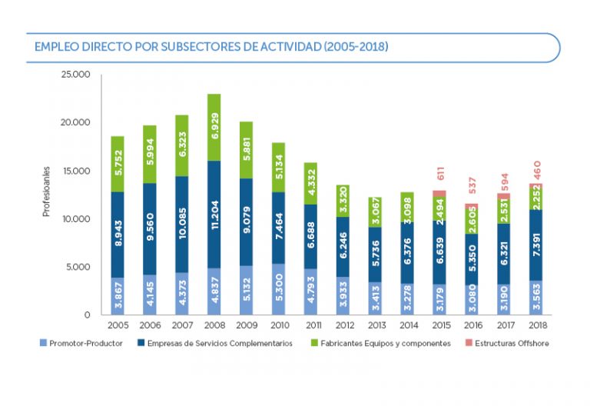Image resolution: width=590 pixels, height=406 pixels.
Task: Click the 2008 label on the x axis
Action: [x=214, y=327]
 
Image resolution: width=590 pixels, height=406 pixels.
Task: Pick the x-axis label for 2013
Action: [x=374, y=327]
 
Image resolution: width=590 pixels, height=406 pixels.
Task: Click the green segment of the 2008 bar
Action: [x=214, y=128]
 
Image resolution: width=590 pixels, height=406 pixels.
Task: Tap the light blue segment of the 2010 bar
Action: [x=278, y=289]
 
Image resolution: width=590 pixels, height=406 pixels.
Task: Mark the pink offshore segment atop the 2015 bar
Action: [x=439, y=195]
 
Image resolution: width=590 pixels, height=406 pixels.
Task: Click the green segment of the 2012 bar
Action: [x=342, y=201]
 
